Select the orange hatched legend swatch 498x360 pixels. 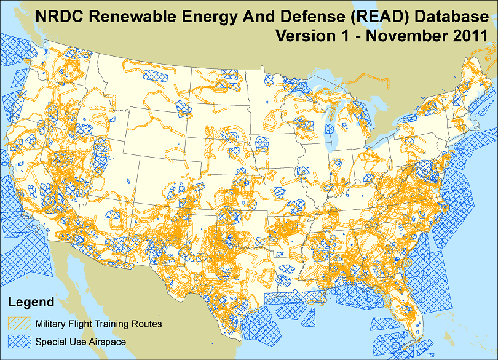[19, 323]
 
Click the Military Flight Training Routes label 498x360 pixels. [98, 323]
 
